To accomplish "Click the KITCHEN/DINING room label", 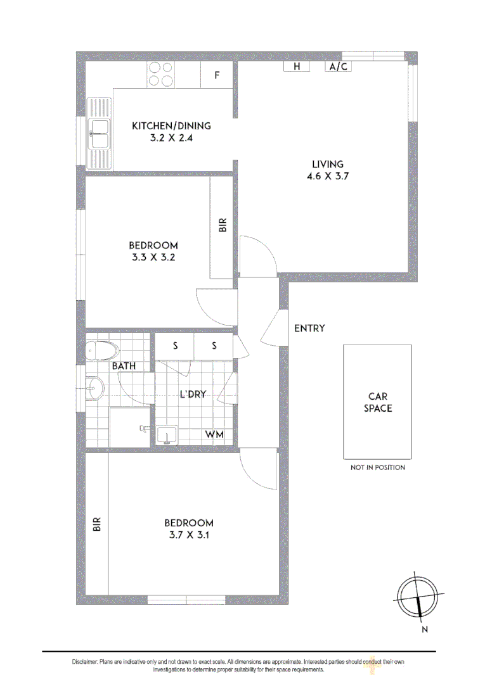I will tap(171, 125).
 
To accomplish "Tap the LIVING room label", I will tap(327, 164).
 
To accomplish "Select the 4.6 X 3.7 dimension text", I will tap(327, 177).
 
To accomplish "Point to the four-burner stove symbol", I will tap(161, 74).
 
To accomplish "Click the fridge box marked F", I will tap(216, 75).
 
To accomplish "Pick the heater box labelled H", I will tap(296, 66).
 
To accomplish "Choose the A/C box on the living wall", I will tap(338, 66).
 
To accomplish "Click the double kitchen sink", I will tap(100, 133).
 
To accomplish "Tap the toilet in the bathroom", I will tap(102, 349).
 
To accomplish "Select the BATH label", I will tap(124, 366).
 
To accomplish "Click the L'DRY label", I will tap(193, 394).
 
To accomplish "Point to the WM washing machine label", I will tap(213, 434).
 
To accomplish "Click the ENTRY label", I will tap(309, 328).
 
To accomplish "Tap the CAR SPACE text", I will tap(378, 402).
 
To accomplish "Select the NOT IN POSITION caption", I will tap(378, 467).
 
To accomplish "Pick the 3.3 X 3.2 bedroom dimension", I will tap(153, 258).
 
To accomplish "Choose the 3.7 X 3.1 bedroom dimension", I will tap(189, 535).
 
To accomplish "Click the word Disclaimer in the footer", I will tap(84, 662).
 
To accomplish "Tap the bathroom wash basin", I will tap(95, 388).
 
